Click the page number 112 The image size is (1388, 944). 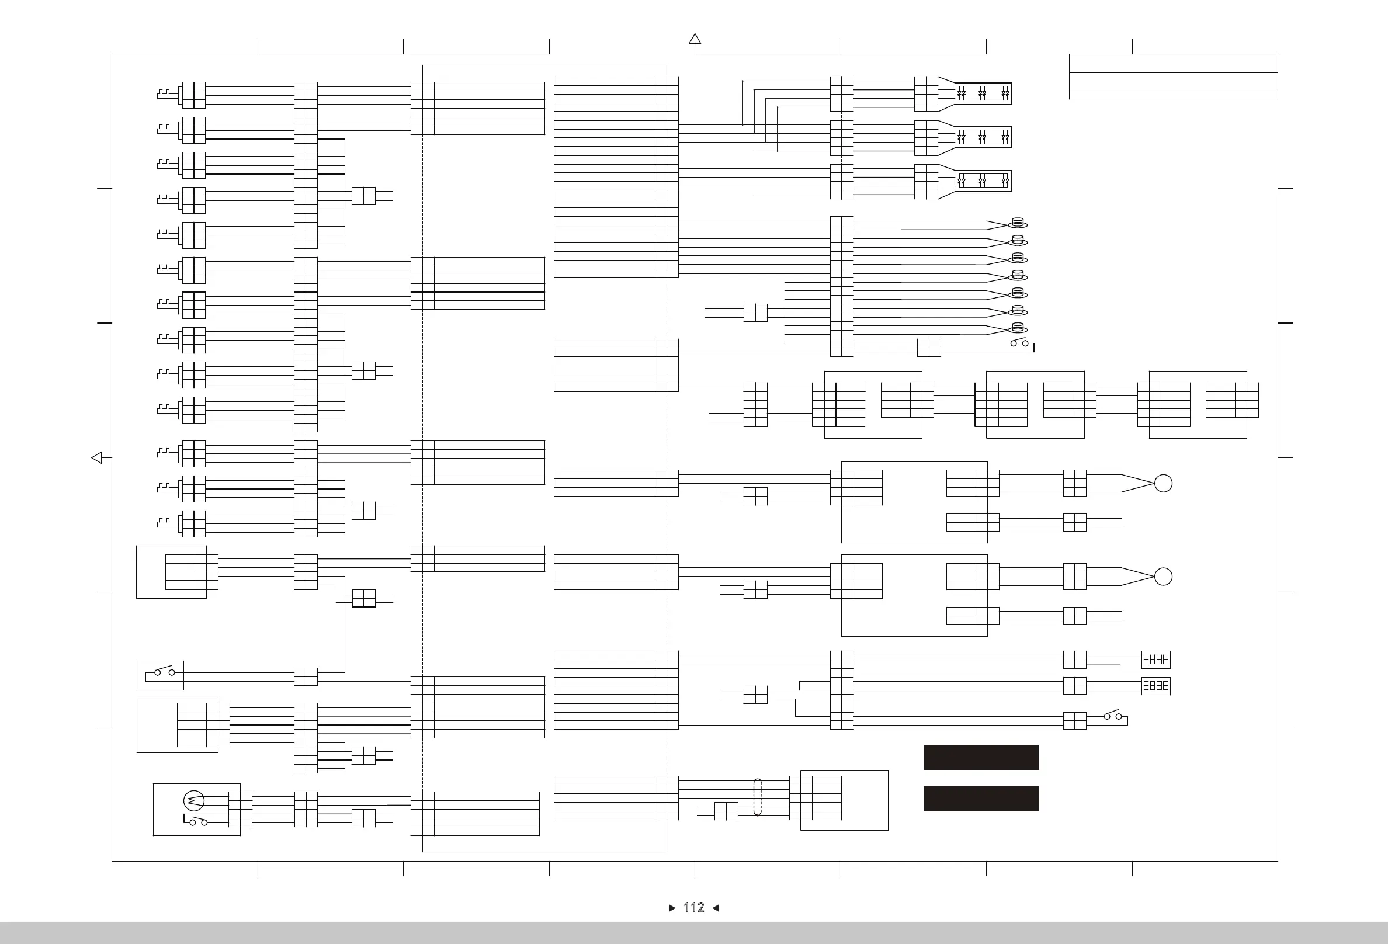693,908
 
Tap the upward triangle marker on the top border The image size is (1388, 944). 695,39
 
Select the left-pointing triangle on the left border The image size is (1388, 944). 97,457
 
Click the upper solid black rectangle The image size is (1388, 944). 981,757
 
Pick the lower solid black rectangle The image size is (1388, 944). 981,798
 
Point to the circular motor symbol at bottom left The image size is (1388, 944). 194,800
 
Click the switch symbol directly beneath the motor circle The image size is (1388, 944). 197,821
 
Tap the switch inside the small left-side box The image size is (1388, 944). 164,672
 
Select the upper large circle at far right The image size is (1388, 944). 1163,483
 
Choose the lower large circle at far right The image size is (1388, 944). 1163,576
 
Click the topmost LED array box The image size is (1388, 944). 983,93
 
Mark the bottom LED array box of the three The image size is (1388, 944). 983,181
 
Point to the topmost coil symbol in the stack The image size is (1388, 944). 1018,223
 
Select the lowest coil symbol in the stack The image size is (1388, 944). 1018,328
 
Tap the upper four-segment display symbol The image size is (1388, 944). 1155,659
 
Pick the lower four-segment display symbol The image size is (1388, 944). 1155,685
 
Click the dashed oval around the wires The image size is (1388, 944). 757,797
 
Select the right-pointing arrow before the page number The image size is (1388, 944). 672,908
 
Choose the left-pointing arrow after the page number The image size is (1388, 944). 716,908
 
